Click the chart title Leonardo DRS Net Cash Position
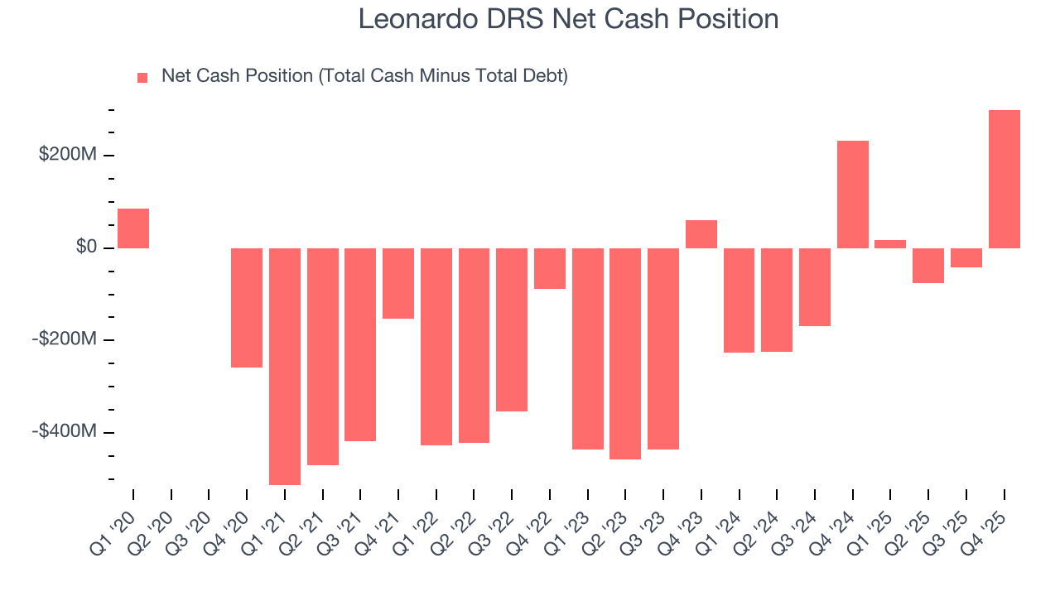click(568, 18)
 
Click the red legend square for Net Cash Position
click(142, 77)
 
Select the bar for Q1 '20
click(133, 228)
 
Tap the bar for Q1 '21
click(285, 366)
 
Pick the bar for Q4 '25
click(1004, 179)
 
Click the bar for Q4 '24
click(852, 195)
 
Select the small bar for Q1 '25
click(890, 244)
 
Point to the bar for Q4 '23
click(701, 234)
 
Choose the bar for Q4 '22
click(550, 268)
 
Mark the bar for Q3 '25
click(966, 257)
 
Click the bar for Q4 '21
click(398, 283)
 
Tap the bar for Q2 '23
click(625, 353)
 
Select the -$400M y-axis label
click(65, 431)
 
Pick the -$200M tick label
click(65, 339)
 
